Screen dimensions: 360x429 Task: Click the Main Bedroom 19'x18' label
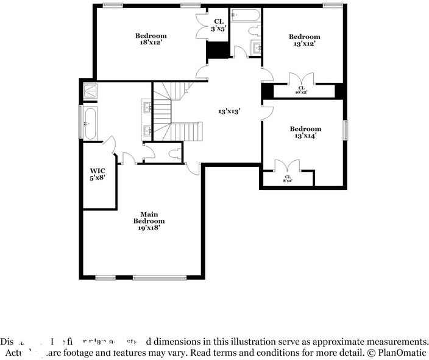click(149, 221)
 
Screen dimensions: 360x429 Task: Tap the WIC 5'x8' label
click(97, 174)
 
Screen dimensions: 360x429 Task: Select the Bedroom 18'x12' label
click(151, 40)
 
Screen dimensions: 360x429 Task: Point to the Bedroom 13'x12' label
click(304, 40)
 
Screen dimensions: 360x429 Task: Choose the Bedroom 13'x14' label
click(305, 132)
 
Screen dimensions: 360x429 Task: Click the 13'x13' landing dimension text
click(230, 111)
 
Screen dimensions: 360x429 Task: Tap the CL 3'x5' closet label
click(218, 25)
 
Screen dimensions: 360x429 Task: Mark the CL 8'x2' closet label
click(288, 179)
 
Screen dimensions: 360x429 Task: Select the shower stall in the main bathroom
click(90, 91)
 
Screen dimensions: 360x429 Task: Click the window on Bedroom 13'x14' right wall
click(346, 130)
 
